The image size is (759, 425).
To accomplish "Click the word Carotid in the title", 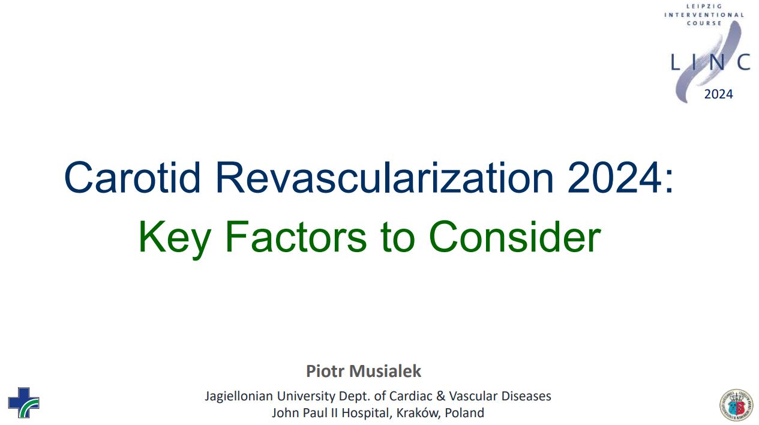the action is point(132,177).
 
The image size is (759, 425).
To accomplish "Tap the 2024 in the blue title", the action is point(614,177).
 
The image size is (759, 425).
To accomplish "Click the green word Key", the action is point(175,237).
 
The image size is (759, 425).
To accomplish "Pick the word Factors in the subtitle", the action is point(296,237).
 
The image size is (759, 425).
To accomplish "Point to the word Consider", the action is point(515,237).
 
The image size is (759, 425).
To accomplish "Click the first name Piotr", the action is point(325,371).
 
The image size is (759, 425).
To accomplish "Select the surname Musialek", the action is point(385,371).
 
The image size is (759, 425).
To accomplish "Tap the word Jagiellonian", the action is point(239,396).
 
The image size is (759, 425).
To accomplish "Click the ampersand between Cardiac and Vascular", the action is point(440,396).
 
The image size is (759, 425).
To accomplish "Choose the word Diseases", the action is point(526,396).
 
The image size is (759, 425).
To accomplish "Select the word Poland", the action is point(464,413).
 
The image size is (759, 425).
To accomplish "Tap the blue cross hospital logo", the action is point(24,403).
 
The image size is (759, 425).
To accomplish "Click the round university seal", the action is point(736,405).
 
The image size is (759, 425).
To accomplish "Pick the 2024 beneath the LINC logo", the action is point(718,94).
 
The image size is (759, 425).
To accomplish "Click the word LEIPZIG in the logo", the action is point(704,6).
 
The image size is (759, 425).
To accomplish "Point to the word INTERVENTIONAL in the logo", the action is point(704,15).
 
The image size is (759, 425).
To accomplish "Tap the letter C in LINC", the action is point(743,62).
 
